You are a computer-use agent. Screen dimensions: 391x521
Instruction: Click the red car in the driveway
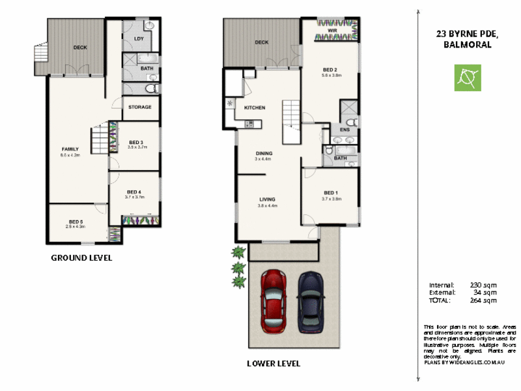pos(274,301)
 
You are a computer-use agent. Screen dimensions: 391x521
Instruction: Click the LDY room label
pos(138,38)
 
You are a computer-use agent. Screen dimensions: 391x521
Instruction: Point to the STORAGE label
pos(140,107)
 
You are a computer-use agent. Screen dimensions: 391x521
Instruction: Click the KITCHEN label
pos(254,107)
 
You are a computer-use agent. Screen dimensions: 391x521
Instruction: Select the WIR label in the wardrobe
pos(331,30)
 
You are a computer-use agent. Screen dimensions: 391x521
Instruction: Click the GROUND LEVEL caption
pos(81,257)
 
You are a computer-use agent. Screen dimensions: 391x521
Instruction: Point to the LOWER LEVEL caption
pos(274,364)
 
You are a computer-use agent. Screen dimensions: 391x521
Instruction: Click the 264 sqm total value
pos(483,300)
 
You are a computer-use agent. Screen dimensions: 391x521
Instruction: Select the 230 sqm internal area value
pos(483,285)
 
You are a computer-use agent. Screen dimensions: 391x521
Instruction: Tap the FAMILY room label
pos(70,149)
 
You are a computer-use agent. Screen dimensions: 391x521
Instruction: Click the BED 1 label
pos(331,193)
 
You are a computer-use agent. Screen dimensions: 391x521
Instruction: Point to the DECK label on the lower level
pos(261,42)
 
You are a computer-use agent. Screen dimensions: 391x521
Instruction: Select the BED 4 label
pos(134,192)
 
